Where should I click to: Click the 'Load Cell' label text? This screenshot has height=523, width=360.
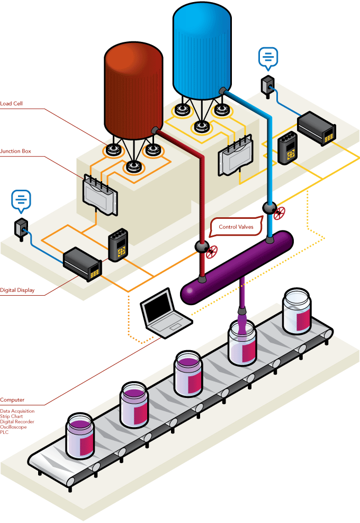tap(12, 103)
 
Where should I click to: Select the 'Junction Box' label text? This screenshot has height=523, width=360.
tap(15, 151)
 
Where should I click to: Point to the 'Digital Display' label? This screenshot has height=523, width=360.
tap(17, 290)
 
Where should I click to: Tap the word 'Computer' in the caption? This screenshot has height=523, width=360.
tap(12, 400)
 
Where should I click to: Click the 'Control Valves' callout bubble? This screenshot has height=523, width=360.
tap(236, 227)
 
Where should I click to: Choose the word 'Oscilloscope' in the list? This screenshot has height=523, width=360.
tap(13, 427)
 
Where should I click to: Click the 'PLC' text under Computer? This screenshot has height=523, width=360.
tap(4, 432)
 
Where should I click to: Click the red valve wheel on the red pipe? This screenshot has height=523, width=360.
tap(213, 252)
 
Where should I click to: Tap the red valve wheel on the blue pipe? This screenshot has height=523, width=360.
tap(280, 213)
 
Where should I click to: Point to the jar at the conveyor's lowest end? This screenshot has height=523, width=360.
tap(80, 437)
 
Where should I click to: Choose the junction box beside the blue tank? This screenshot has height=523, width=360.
tap(235, 155)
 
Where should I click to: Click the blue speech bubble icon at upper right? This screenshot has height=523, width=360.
tap(268, 58)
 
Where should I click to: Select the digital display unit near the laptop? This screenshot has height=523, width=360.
tap(83, 264)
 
